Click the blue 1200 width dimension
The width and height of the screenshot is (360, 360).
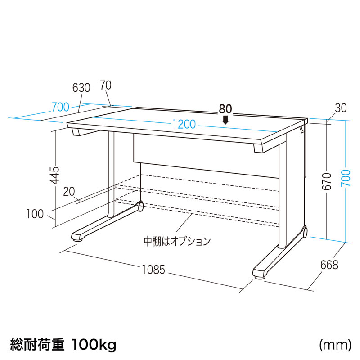click(x=184, y=124)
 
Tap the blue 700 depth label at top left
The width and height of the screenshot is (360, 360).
click(x=60, y=107)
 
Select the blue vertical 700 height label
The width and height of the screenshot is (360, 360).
click(x=346, y=178)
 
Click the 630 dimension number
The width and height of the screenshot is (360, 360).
click(x=81, y=88)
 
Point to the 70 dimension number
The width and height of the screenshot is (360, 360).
click(x=106, y=85)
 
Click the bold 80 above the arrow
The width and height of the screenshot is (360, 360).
click(x=225, y=109)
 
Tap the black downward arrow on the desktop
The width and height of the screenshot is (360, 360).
click(x=226, y=120)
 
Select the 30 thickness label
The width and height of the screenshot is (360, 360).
click(x=341, y=108)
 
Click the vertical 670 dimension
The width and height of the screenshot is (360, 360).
click(x=327, y=182)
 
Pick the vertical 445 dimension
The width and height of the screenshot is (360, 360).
click(x=55, y=175)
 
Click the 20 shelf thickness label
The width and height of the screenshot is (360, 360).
click(x=69, y=192)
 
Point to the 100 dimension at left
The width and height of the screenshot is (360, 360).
click(x=35, y=214)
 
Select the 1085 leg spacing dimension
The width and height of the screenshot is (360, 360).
click(x=153, y=270)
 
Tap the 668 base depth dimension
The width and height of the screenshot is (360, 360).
click(x=329, y=265)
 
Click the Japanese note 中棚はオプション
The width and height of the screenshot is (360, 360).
click(x=177, y=242)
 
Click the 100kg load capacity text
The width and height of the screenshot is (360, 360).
click(x=94, y=345)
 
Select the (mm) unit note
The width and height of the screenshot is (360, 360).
click(x=335, y=345)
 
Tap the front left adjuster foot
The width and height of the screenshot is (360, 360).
click(x=77, y=240)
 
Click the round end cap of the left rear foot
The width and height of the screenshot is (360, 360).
click(x=140, y=206)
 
